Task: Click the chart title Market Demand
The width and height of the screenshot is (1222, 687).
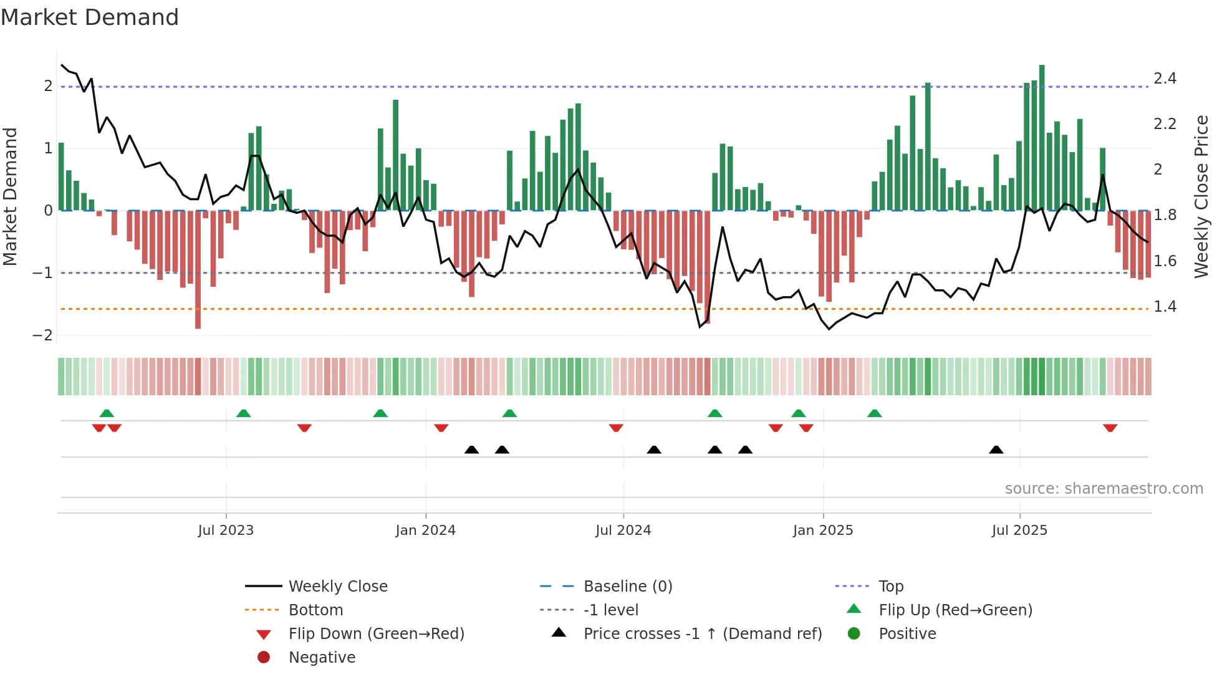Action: (90, 17)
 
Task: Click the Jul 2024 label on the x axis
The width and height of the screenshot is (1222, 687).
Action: (623, 531)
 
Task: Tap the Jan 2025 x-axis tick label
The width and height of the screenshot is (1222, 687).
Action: (823, 531)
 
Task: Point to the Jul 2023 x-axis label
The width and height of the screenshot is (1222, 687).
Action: (226, 531)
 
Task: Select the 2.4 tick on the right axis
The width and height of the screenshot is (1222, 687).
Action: (1165, 79)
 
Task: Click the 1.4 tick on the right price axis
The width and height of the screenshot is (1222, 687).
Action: (1165, 307)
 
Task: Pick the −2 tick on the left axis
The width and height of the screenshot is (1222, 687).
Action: (42, 335)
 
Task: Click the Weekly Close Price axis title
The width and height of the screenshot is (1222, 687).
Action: (1201, 196)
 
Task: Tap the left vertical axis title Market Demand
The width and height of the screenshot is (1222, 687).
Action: (11, 196)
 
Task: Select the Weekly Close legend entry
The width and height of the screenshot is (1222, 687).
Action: (337, 587)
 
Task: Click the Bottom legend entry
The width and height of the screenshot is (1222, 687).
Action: (315, 610)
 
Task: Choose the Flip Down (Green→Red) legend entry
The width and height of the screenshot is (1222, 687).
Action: (376, 634)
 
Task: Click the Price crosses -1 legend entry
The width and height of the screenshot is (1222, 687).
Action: (702, 634)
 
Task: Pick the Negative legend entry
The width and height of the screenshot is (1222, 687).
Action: (322, 658)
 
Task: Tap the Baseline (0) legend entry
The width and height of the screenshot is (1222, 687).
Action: (627, 587)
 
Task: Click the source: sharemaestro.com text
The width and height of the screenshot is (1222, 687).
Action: (1104, 489)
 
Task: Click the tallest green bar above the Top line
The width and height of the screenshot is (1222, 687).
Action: (1042, 137)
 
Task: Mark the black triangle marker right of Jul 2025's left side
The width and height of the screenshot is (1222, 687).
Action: (996, 449)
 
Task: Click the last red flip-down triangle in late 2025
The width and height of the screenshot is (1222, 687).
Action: (1110, 428)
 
